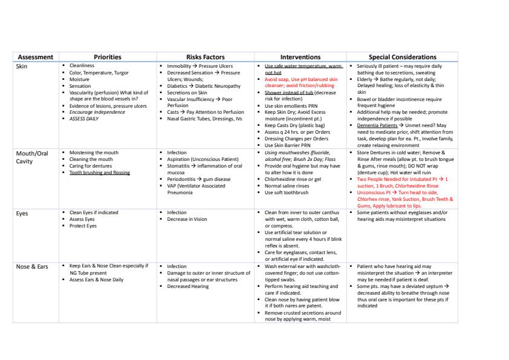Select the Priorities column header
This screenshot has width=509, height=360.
coord(107,57)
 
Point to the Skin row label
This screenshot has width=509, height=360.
coord(22,65)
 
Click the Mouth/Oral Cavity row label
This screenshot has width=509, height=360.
coord(31,157)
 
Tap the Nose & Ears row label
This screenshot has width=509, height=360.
coord(32,266)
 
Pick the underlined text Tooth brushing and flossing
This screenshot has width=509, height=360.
coord(100,172)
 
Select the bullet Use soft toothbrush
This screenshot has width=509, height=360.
coord(287,192)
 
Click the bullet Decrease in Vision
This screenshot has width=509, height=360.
coord(189,219)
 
